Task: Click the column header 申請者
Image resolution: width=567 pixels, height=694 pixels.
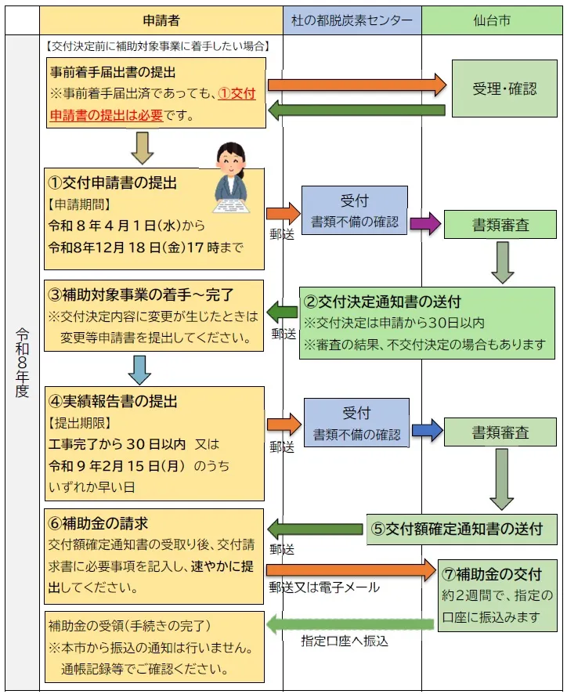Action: click(161, 20)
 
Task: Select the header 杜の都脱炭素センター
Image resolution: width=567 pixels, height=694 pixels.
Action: click(352, 20)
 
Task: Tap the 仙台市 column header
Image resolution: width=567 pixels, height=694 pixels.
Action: click(493, 20)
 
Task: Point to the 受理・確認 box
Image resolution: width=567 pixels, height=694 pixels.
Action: click(504, 88)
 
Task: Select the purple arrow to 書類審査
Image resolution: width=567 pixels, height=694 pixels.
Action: click(425, 223)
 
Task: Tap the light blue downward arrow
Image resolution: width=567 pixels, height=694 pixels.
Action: click(139, 370)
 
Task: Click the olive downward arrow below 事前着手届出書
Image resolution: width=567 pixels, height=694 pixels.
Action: click(143, 147)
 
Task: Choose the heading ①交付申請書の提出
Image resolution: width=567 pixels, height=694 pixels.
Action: click(113, 183)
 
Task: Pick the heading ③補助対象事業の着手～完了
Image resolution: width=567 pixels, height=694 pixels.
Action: click(140, 295)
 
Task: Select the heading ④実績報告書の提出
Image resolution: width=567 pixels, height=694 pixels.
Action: click(113, 401)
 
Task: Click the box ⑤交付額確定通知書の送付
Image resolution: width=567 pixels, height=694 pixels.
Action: click(462, 528)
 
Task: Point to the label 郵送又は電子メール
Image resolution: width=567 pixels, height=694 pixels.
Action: click(323, 587)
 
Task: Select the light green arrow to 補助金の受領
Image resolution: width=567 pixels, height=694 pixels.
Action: click(350, 624)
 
